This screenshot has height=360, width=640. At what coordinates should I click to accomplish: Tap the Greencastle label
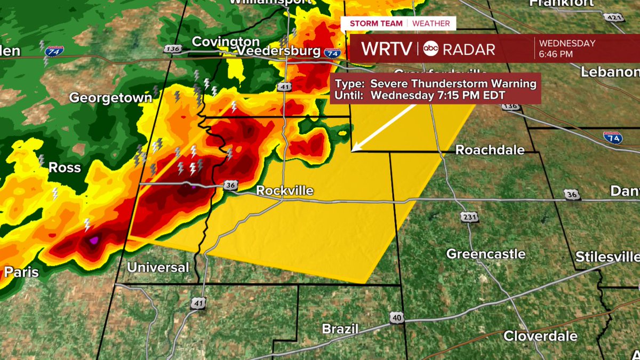486,254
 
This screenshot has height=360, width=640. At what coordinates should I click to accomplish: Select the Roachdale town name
490,150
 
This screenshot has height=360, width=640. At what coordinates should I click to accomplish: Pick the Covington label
226,41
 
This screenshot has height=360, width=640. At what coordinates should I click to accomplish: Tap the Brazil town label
339,329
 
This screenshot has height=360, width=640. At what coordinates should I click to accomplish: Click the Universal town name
158,267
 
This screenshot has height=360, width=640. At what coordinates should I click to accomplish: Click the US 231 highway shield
470,217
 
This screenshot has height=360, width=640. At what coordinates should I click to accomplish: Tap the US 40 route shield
396,317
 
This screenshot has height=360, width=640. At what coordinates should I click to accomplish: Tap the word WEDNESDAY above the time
567,43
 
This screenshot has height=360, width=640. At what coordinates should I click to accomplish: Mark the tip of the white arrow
353,151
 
